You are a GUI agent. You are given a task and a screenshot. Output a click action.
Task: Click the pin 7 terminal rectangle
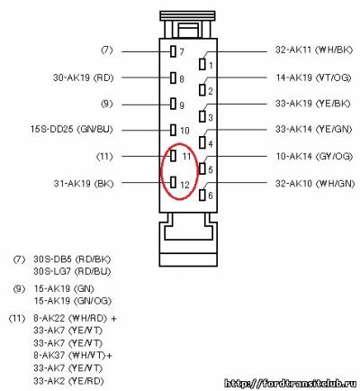coord(173,51)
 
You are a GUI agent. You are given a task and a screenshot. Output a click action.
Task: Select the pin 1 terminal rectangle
coord(202,64)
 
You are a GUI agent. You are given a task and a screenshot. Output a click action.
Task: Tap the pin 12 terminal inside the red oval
coord(173,182)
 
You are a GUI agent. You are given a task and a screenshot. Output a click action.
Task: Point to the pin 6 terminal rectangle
coord(202,195)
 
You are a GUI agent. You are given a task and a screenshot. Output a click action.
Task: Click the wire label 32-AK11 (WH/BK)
coord(314,50)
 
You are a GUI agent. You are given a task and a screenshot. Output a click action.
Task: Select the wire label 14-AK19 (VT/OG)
coord(313,77)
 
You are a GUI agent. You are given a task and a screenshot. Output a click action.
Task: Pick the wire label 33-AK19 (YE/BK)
coord(313,104)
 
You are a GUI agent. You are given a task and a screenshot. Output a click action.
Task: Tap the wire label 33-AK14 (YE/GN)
coord(313,130)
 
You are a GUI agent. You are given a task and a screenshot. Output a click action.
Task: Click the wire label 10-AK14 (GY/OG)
coord(314,156)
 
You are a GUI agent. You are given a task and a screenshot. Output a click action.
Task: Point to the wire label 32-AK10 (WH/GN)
coord(315,183)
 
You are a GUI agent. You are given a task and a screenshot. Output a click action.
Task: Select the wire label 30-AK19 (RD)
coord(84,77)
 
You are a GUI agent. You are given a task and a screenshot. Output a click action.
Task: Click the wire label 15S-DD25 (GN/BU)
coord(72,130)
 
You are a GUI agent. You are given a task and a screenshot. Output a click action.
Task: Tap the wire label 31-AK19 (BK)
coord(84,184)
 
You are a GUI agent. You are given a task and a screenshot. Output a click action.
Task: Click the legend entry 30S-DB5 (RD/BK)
coord(72,259)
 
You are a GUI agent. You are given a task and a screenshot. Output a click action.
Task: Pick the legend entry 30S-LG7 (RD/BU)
coord(72,271)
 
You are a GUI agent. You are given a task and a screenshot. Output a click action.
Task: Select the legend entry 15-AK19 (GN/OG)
coord(73,301)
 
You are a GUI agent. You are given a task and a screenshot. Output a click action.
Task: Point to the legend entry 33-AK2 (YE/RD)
coord(68,381)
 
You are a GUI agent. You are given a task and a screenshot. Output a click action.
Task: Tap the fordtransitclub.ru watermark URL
coord(292,383)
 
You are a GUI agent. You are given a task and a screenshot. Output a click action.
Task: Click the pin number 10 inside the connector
coord(184,131)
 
